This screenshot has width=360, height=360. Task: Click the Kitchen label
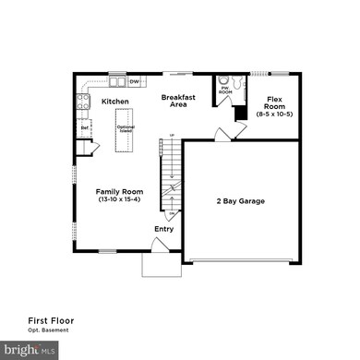[x=114, y=101]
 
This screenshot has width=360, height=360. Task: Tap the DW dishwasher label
[x=134, y=81]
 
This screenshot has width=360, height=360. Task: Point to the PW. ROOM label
[x=225, y=91]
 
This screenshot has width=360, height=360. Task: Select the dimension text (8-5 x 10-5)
[x=275, y=114]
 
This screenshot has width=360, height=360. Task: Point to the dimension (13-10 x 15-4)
[x=120, y=200]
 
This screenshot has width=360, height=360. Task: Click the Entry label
[x=163, y=229]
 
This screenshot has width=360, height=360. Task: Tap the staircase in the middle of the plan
[x=171, y=175]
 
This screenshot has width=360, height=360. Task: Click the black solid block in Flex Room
[x=239, y=113]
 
